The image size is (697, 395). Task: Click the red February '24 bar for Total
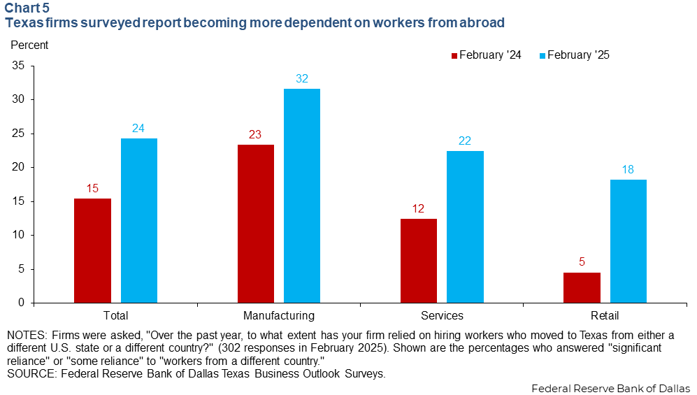92,250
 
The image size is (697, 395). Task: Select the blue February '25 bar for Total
139,220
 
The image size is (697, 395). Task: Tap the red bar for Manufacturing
256,224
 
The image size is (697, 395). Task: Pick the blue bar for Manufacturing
302,196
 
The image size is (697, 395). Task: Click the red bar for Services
419,261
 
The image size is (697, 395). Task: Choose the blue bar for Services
465,227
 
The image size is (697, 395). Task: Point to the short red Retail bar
582,287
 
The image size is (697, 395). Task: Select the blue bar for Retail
628,241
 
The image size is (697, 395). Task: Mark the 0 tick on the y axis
21,303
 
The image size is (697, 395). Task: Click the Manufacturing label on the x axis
279,316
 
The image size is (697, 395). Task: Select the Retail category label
605,316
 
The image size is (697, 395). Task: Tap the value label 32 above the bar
302,79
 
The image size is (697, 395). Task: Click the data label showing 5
582,263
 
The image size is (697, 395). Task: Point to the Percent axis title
29,45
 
